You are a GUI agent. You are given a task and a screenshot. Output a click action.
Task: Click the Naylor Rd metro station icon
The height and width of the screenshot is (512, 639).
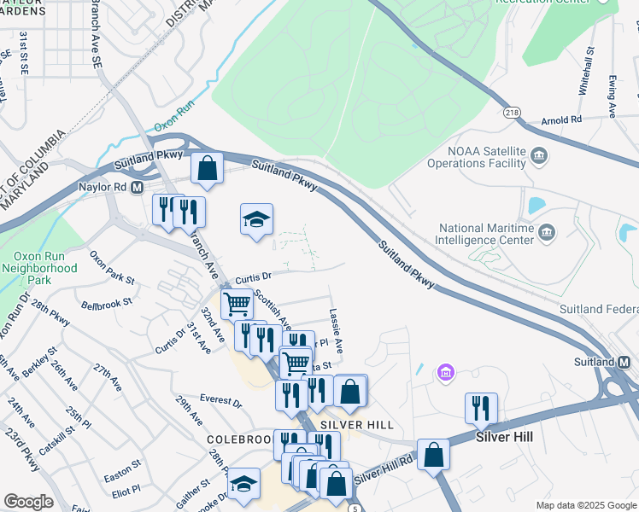pyautogui.click(x=137, y=185)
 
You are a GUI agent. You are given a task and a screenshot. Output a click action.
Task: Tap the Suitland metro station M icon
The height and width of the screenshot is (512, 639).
pyautogui.click(x=624, y=364)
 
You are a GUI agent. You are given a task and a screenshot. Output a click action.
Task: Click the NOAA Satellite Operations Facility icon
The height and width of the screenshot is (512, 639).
pyautogui.click(x=539, y=154)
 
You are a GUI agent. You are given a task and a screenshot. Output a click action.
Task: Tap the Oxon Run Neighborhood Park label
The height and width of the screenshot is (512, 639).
pyautogui.click(x=44, y=268)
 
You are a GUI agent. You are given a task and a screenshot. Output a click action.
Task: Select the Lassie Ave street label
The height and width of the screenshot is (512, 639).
pyautogui.click(x=335, y=332)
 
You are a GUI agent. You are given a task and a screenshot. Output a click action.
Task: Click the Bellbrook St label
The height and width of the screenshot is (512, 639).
pyautogui.click(x=107, y=303)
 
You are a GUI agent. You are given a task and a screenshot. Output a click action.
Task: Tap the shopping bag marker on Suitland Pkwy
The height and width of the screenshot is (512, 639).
pyautogui.click(x=207, y=167)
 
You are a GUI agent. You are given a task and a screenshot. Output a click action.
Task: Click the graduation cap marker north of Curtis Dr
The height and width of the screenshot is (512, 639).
pyautogui.click(x=256, y=219)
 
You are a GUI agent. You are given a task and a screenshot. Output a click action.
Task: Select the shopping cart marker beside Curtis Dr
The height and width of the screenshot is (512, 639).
pyautogui.click(x=237, y=303)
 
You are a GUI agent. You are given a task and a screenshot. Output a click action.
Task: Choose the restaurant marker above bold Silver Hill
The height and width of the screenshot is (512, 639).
pyautogui.click(x=482, y=408)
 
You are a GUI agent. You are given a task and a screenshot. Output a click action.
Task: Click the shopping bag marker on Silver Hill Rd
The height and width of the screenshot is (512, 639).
pyautogui.click(x=433, y=454)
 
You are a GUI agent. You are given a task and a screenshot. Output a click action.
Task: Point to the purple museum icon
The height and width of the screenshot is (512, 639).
pyautogui.click(x=445, y=373)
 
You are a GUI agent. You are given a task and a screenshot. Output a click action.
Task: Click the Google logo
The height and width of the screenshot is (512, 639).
pyautogui.click(x=28, y=502)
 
